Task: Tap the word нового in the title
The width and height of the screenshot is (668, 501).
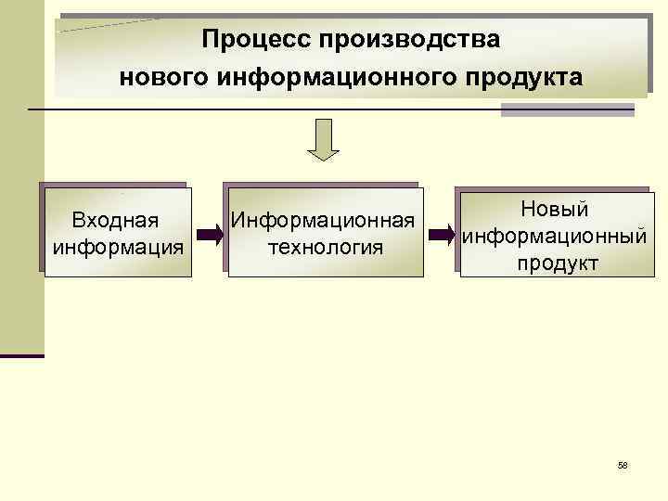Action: (162, 77)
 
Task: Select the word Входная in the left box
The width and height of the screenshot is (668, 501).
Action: (114, 221)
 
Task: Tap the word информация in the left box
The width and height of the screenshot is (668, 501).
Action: (118, 248)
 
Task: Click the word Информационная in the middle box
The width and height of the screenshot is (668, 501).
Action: (322, 221)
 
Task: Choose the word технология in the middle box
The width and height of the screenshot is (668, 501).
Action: (324, 248)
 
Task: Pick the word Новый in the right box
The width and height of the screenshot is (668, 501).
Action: (555, 210)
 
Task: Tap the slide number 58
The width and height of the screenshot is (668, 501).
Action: (623, 465)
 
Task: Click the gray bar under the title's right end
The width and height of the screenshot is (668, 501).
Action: (567, 109)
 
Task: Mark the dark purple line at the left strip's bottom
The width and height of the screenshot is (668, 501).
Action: (22, 355)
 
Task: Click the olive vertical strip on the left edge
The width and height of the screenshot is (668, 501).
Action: (21, 186)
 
